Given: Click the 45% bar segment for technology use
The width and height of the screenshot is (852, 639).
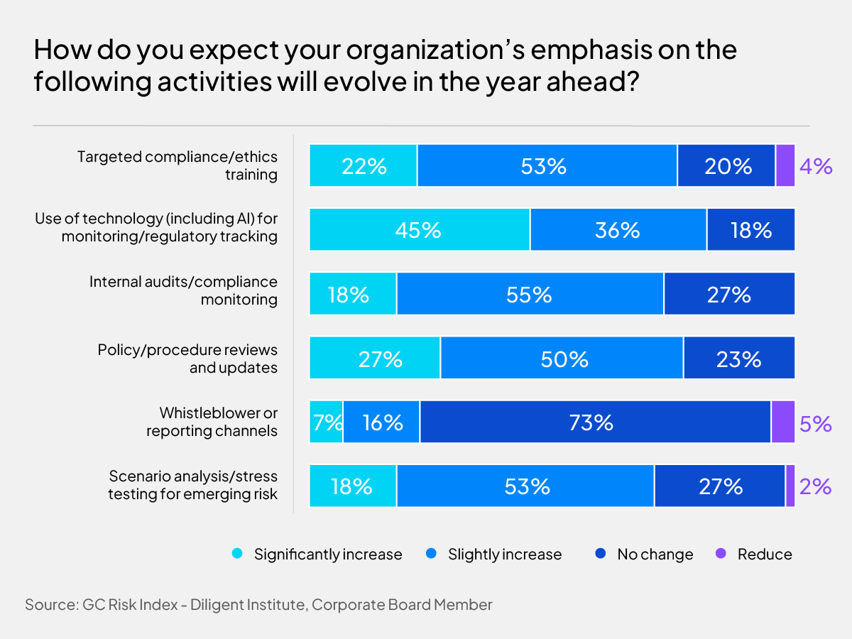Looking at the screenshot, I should (420, 230).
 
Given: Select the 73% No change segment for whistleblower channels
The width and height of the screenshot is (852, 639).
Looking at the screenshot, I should (595, 422).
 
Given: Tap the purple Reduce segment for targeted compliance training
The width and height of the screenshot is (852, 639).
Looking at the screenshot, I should (785, 166).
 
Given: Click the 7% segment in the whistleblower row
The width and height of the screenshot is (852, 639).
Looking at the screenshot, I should (327, 422).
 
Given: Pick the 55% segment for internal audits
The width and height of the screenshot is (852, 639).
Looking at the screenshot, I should (530, 294).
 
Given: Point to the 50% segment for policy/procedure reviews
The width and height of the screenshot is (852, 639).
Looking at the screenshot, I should (562, 359).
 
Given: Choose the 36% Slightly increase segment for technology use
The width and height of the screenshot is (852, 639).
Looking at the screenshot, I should (618, 230).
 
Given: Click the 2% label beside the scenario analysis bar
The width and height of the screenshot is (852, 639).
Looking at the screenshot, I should (814, 486).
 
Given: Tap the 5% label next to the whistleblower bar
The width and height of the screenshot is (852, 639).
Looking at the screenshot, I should (815, 423).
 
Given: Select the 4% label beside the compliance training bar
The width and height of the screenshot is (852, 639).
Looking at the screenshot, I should (815, 167).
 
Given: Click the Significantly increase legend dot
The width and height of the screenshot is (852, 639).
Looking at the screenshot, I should (238, 554).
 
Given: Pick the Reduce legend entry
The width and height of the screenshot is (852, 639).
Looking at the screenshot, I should (756, 554).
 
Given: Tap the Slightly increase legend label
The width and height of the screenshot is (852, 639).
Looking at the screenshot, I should (504, 554).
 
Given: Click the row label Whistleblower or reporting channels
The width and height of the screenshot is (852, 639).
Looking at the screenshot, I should (212, 422).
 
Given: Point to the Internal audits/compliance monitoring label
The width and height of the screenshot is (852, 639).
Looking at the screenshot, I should (183, 290).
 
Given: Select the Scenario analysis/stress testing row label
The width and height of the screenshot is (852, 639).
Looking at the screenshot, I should (192, 485).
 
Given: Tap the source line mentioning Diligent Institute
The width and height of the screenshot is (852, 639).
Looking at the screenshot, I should (258, 605).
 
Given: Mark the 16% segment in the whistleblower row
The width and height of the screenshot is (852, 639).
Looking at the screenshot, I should (381, 422).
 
